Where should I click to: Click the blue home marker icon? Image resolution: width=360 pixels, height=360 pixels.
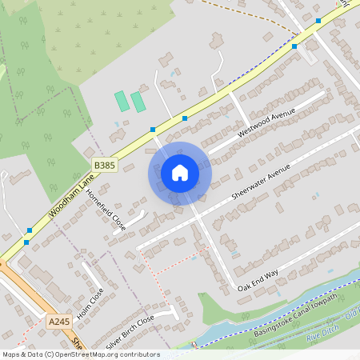coord(180,173)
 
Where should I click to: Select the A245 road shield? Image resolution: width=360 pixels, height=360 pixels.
coord(58,322)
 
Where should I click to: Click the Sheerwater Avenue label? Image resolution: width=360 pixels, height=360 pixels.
coord(259,184)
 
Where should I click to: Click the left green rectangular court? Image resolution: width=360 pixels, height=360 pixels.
coord(122,102)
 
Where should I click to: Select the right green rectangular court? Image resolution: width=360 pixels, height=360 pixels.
coord(138,102)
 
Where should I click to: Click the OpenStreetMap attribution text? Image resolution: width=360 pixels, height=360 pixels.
coord(80,354)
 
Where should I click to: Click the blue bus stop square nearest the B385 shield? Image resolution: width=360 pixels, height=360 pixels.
coord(152,129)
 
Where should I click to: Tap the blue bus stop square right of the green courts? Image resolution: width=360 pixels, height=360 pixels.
coord(185,118)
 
